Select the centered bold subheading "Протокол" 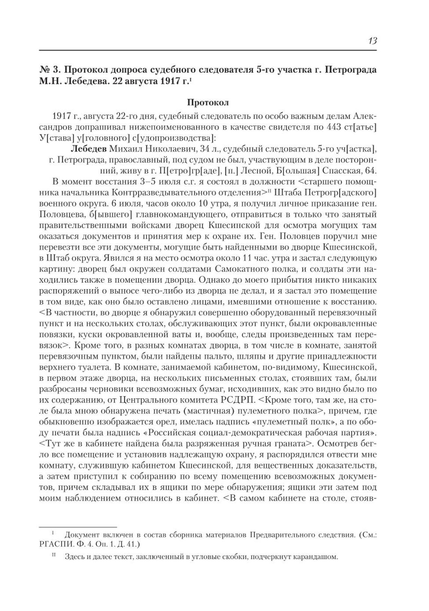(207, 102)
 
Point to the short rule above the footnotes (63, 526)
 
